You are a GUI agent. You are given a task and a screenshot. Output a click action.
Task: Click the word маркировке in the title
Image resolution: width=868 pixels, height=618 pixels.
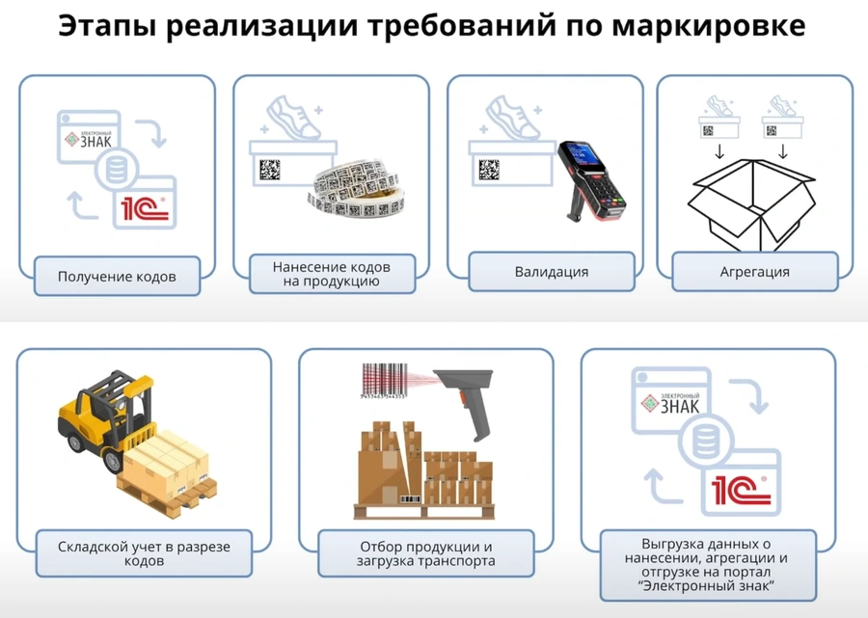pyautogui.click(x=709, y=27)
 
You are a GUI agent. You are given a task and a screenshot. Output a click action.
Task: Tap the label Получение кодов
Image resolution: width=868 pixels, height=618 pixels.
pyautogui.click(x=117, y=276)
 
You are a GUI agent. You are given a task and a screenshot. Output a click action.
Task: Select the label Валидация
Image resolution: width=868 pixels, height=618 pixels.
pyautogui.click(x=552, y=272)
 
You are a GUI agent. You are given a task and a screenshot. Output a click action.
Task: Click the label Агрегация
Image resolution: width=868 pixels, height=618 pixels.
pyautogui.click(x=754, y=272)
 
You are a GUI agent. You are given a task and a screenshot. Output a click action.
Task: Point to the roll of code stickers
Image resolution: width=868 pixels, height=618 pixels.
pyautogui.click(x=356, y=189)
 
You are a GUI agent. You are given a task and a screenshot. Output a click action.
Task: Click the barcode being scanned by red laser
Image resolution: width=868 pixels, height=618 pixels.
pyautogui.click(x=385, y=381)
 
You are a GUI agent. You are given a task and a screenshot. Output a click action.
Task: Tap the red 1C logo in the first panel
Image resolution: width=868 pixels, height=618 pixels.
pyautogui.click(x=145, y=208)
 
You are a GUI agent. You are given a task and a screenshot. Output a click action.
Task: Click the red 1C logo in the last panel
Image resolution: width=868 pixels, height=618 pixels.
pyautogui.click(x=741, y=490)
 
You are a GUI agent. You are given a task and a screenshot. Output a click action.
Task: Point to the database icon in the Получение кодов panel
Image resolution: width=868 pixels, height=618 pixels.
pyautogui.click(x=117, y=170)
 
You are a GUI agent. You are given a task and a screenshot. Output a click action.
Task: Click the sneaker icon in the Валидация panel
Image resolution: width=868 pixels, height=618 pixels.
pyautogui.click(x=513, y=118)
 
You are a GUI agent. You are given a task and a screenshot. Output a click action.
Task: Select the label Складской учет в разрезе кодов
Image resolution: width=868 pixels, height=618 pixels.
pyautogui.click(x=144, y=553)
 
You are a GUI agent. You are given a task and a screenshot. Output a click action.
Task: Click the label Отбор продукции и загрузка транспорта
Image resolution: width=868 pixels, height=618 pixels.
pyautogui.click(x=425, y=553)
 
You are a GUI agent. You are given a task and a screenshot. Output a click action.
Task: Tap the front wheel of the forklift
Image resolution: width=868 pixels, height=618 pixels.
pyautogui.click(x=113, y=461)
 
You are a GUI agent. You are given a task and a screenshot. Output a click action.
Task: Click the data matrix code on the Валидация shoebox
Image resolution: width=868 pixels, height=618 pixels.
pyautogui.click(x=489, y=171)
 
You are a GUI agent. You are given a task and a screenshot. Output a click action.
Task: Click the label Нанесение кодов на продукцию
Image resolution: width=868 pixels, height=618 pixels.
pyautogui.click(x=332, y=274)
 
